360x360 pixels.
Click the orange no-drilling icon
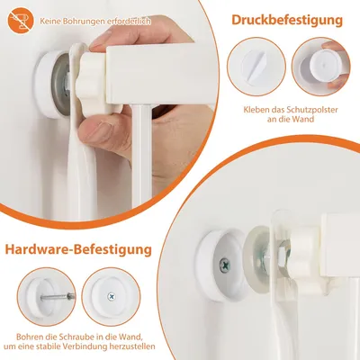(x=21, y=21)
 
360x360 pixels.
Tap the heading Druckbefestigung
(x=287, y=21)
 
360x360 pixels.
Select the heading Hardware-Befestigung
(x=78, y=249)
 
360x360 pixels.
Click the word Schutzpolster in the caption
(x=311, y=110)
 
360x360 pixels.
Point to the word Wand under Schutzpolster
(x=303, y=119)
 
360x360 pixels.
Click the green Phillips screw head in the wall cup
(x=224, y=265)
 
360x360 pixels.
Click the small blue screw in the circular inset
(x=112, y=296)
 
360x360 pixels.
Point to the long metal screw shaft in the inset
(x=58, y=297)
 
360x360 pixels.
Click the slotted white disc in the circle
(x=256, y=66)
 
